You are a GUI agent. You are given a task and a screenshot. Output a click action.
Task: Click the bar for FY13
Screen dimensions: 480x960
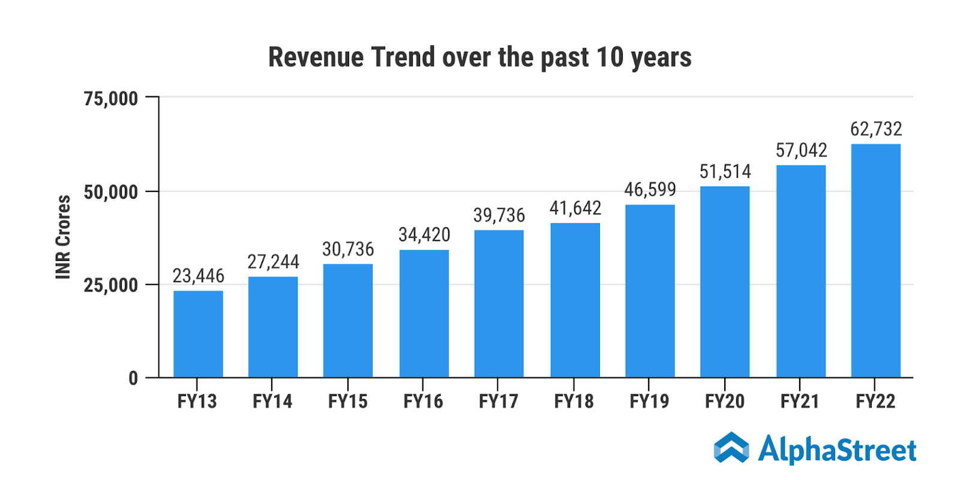198,334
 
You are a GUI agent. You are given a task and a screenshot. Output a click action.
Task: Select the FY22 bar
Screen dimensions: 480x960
875,260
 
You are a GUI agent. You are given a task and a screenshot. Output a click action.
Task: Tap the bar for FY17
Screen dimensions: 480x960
499,304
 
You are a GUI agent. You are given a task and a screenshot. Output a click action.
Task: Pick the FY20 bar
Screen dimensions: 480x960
725,282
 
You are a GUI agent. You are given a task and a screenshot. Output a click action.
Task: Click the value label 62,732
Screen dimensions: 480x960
876,129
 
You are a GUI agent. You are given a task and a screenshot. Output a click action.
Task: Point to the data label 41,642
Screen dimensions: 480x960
575,208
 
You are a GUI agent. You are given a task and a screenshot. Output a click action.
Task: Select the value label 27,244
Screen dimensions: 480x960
273,262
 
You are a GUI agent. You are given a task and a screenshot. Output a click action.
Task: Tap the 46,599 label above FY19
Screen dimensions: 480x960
650,190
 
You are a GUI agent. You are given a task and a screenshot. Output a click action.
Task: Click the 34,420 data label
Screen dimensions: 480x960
424,235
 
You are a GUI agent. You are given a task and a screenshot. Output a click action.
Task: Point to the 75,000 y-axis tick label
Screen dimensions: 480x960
111,98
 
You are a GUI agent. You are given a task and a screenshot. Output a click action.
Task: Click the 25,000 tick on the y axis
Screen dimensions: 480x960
111,285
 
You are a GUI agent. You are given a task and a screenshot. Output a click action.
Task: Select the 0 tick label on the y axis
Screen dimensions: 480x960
133,378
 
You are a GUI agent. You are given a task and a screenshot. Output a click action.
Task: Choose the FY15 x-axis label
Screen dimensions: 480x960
347,401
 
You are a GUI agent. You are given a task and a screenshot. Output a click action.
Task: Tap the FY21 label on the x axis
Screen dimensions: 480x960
800,401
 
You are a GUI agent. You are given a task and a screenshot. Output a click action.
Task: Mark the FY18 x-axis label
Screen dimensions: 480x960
574,401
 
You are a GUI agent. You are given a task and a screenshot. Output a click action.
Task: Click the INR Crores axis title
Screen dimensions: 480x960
63,237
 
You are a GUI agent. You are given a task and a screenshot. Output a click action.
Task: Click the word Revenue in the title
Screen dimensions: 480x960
316,58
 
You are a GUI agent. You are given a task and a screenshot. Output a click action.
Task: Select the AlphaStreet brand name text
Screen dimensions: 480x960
837,450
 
